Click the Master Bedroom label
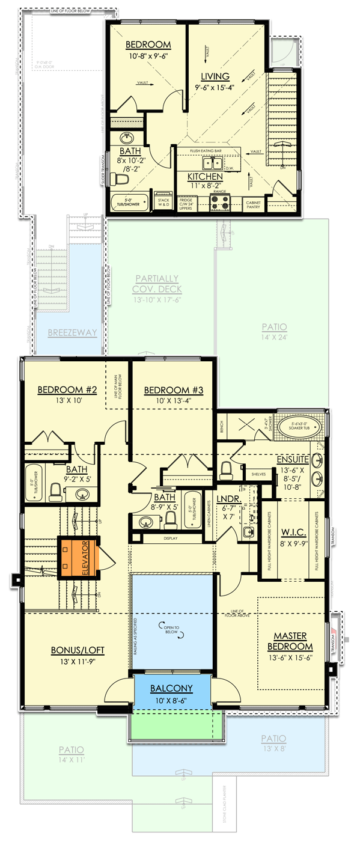[293, 641]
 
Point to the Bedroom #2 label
[60, 390]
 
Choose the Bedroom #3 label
[174, 390]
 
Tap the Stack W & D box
[163, 202]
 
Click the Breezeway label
[72, 332]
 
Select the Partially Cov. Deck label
[156, 283]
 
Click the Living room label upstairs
[215, 76]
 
